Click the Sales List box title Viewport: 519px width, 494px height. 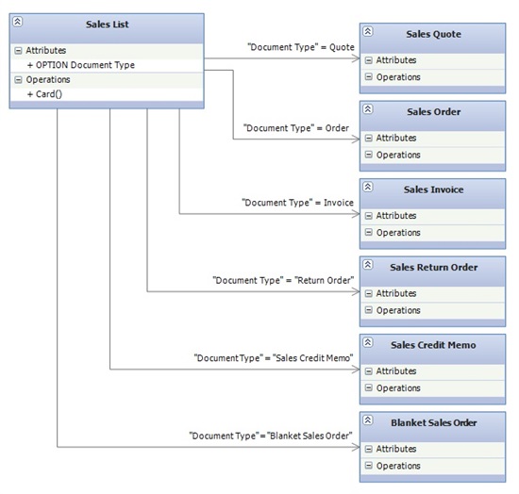108,25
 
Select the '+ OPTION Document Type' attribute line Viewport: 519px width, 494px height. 81,65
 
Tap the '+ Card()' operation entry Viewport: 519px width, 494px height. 44,94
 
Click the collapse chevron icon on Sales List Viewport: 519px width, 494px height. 18,22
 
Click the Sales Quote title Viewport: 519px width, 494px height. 434,34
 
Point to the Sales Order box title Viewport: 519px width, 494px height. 434,112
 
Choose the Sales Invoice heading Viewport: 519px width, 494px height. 434,189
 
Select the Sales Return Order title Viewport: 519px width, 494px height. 434,267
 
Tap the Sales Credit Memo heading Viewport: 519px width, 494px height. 433,345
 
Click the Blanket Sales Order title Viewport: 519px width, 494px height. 434,422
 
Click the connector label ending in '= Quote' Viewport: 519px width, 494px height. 301,47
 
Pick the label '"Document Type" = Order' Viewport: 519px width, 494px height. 296,128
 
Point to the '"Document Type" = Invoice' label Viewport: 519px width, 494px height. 297,203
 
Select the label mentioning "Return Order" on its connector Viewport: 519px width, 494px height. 283,280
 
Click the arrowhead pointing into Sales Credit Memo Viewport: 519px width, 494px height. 356,370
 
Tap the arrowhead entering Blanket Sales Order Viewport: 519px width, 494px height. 356,447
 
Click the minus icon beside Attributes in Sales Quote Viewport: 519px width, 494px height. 368,60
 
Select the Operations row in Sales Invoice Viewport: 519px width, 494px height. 432,233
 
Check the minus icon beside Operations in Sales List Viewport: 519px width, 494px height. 18,80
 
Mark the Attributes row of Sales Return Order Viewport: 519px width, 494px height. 432,293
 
